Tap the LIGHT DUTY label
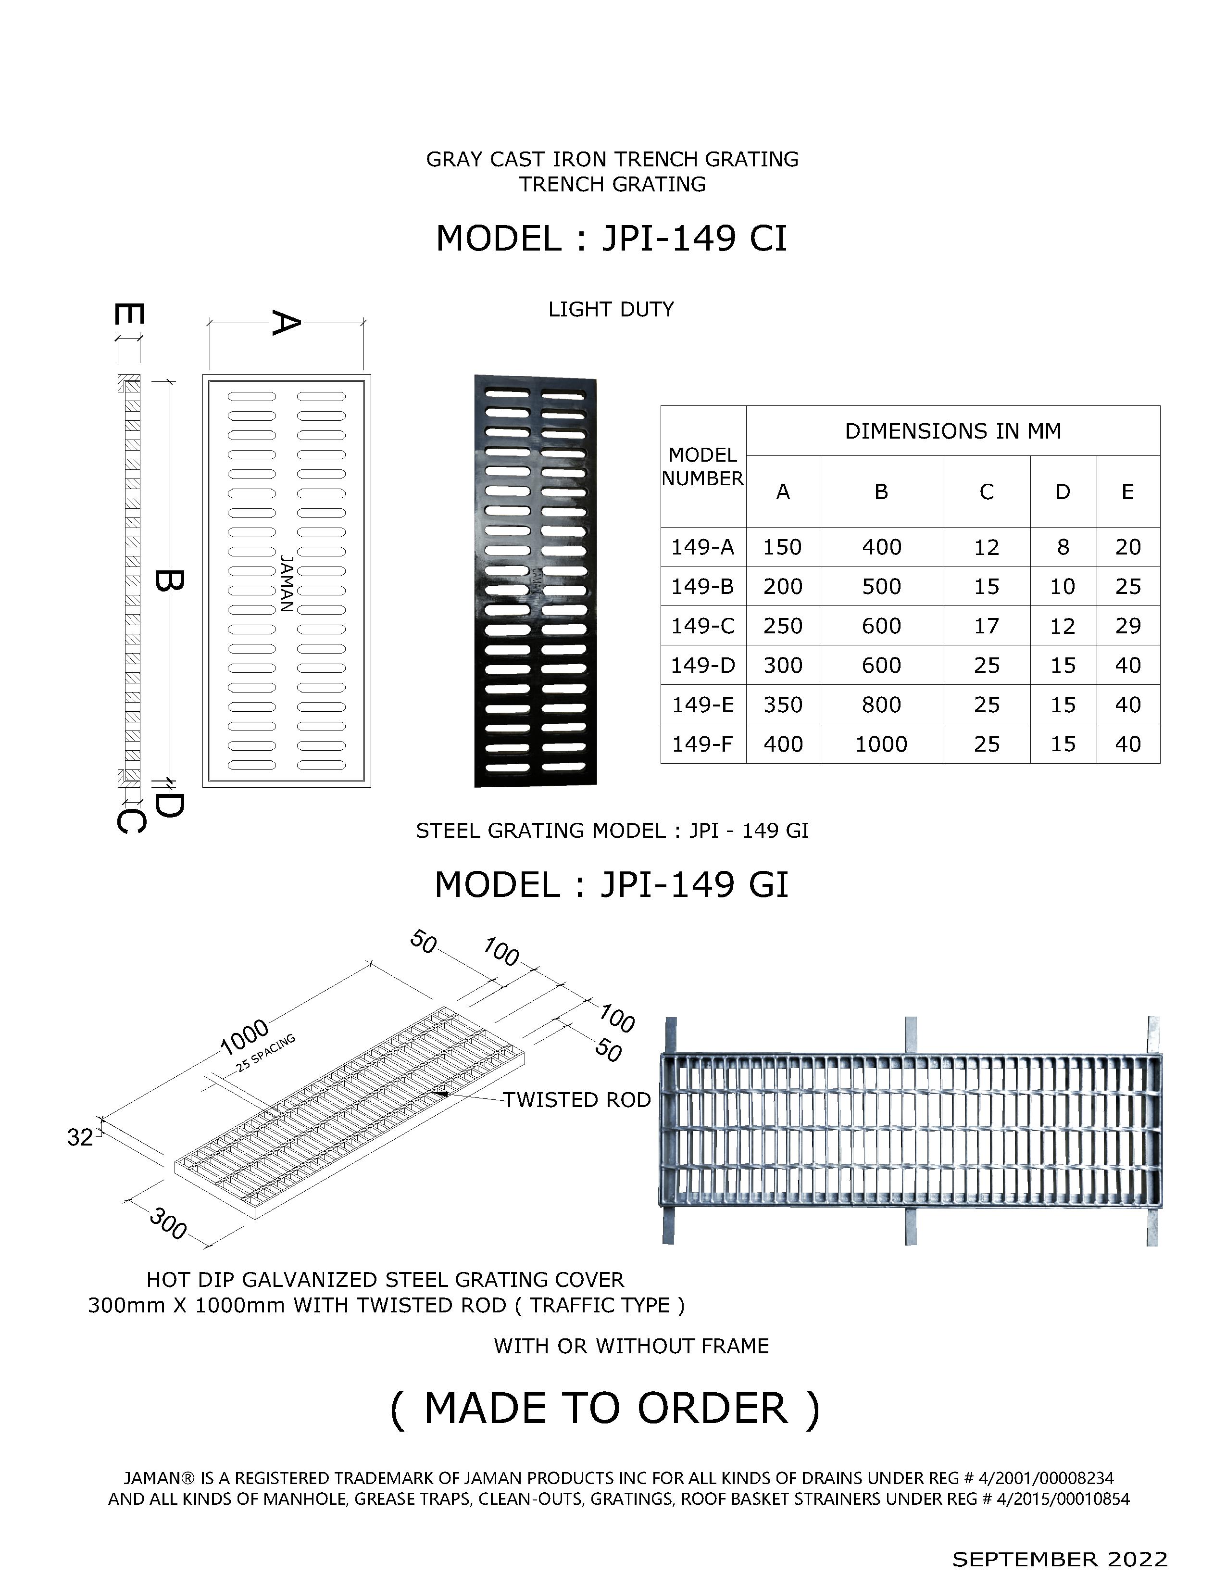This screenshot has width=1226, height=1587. (x=611, y=310)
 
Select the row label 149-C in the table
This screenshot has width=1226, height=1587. (x=702, y=626)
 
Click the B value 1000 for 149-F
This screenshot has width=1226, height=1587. (x=881, y=744)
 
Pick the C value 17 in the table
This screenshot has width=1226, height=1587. (x=986, y=626)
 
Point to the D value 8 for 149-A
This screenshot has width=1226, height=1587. (x=1063, y=547)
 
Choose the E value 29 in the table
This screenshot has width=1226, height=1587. (x=1127, y=626)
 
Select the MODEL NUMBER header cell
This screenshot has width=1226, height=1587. (x=702, y=466)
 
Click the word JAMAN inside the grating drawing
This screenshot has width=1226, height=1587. (x=287, y=583)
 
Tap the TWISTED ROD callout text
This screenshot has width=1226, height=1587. (x=577, y=1100)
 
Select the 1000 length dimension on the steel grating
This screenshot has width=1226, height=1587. (x=245, y=1037)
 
